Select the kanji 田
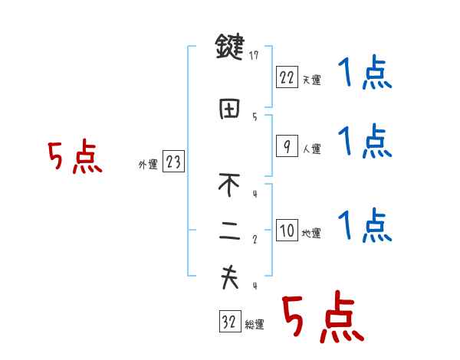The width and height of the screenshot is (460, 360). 229,109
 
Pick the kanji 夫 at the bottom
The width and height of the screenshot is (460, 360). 229,277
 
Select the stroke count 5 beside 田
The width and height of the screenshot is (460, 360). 254,116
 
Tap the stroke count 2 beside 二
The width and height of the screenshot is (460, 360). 254,240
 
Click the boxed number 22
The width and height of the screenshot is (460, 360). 286,77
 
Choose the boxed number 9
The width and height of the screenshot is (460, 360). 286,146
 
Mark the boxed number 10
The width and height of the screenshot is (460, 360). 286,231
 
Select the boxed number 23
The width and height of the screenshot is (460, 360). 174,162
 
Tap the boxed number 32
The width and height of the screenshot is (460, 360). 229,322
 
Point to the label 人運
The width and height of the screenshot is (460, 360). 310,149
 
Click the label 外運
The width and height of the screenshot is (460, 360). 148,165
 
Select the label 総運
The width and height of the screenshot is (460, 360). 255,325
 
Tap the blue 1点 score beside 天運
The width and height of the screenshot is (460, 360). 364,74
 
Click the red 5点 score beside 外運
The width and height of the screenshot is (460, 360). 74,158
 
